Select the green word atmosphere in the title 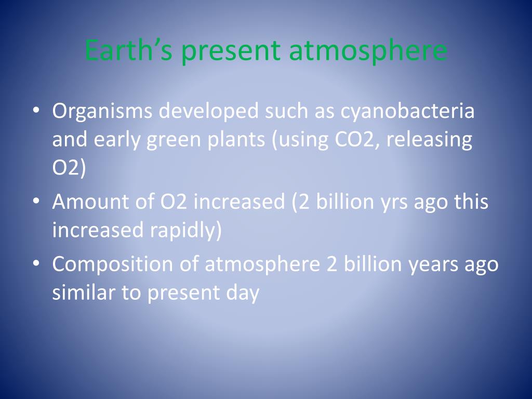[x=368, y=51]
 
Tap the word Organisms [x=102, y=112]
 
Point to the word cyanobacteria [x=407, y=112]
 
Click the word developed [x=209, y=112]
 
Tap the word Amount [x=90, y=202]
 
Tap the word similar [x=84, y=292]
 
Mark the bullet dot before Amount [x=36, y=201]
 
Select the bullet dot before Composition [x=36, y=263]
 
